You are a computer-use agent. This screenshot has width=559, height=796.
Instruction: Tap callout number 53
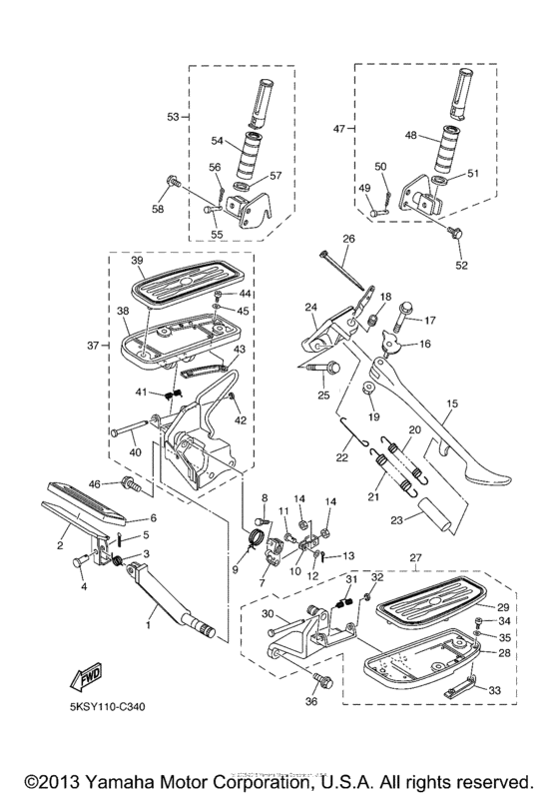[173, 117]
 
